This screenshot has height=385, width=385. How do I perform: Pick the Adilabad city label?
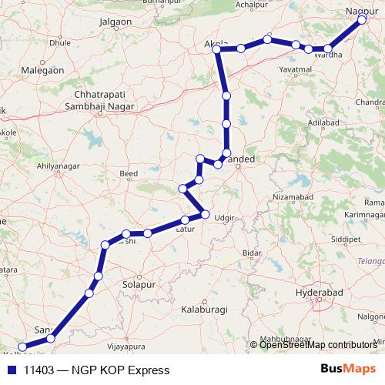tap(322, 122)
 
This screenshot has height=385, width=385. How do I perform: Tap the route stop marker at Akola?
tap(218, 50)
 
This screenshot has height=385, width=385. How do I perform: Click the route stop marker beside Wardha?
tap(328, 49)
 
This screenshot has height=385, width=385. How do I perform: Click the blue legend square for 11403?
tap(10, 370)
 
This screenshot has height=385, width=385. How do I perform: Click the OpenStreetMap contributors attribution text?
tap(320, 344)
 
